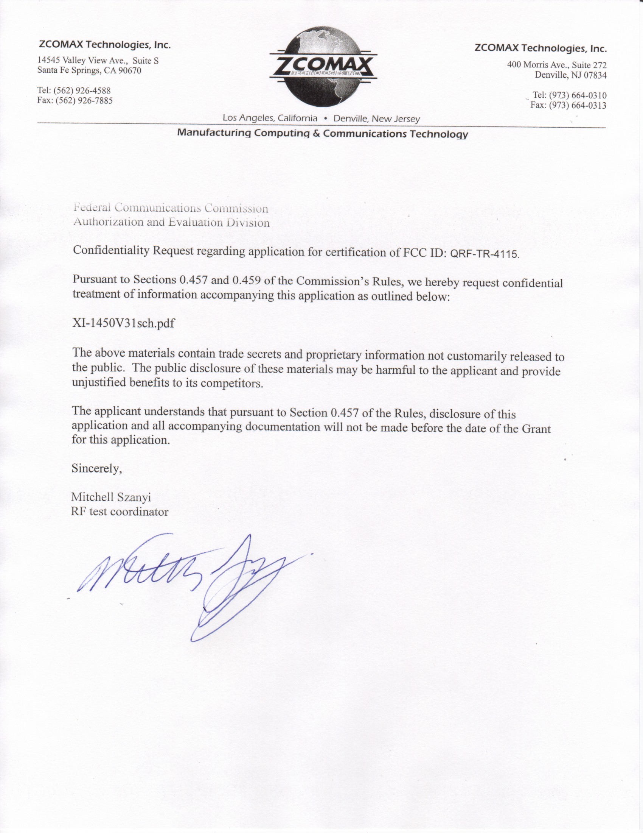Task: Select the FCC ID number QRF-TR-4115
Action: pos(485,254)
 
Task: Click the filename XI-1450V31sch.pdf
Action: pos(123,323)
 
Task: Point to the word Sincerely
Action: pos(96,469)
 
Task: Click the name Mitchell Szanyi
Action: pos(111,497)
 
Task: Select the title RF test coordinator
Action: pos(120,512)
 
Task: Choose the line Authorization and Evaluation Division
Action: pos(171,222)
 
